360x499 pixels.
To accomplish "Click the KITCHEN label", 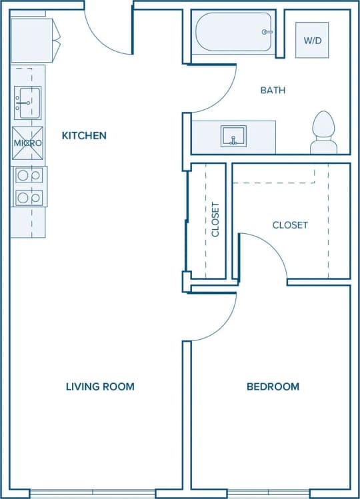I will coord(84,136).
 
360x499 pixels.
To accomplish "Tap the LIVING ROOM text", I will coord(100,386).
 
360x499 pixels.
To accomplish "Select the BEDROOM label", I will coord(273,386).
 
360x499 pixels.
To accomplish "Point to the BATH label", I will coord(273,90).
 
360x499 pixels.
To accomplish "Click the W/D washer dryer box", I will coord(312,40).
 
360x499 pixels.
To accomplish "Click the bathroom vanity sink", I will coord(233,136).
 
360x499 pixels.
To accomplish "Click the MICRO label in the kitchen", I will coord(28,143).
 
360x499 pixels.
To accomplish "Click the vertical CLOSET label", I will coord(215,220).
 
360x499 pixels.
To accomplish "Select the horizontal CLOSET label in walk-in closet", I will coord(290,225).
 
